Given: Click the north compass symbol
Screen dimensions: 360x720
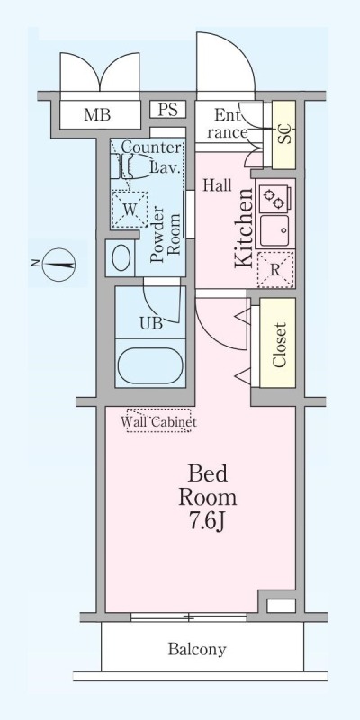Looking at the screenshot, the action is [58, 265].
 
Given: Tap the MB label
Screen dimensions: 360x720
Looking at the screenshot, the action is [97, 114].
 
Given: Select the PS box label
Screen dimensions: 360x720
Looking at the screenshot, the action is [167, 110].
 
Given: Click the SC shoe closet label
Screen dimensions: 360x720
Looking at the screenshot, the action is [285, 134].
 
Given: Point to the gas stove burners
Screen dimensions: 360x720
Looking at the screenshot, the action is [274, 199].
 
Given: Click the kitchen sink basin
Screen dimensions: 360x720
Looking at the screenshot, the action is [274, 230].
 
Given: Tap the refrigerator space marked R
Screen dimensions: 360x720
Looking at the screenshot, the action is [274, 270].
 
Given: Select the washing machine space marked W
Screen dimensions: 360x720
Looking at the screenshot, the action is [130, 210].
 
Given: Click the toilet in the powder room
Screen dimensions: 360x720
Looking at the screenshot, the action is [121, 257].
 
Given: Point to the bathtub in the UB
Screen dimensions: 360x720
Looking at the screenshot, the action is [150, 364].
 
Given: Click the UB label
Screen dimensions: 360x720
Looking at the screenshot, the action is [151, 323].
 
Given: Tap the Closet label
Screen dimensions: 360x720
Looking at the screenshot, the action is [279, 345].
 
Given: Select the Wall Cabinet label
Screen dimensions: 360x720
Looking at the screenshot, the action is [159, 421].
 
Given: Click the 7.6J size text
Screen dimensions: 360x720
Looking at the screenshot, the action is [208, 523].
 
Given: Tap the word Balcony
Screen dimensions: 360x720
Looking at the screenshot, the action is [197, 649].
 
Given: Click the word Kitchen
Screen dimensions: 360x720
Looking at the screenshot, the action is [244, 229].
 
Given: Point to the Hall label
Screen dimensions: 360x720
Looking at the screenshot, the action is [218, 185].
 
